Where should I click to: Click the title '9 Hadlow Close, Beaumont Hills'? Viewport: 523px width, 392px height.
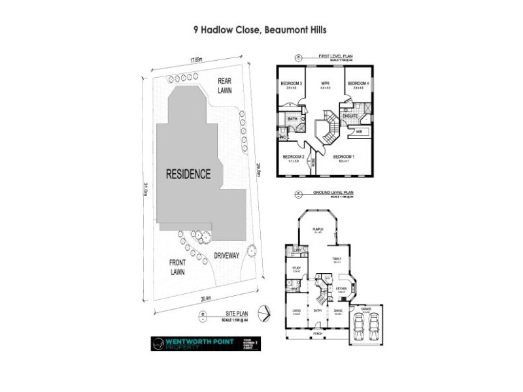point(260,29)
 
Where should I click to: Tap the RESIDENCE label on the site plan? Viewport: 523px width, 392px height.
point(188,174)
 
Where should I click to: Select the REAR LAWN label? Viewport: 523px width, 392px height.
point(225,86)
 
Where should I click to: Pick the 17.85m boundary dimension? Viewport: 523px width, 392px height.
point(195,60)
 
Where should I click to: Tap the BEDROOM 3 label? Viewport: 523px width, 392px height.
point(291,84)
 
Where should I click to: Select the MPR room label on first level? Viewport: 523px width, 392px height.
point(324,84)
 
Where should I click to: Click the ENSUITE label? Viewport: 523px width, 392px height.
point(350,116)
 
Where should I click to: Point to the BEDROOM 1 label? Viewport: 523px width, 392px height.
point(344,157)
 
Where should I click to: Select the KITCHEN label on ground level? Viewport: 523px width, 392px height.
point(340,287)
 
